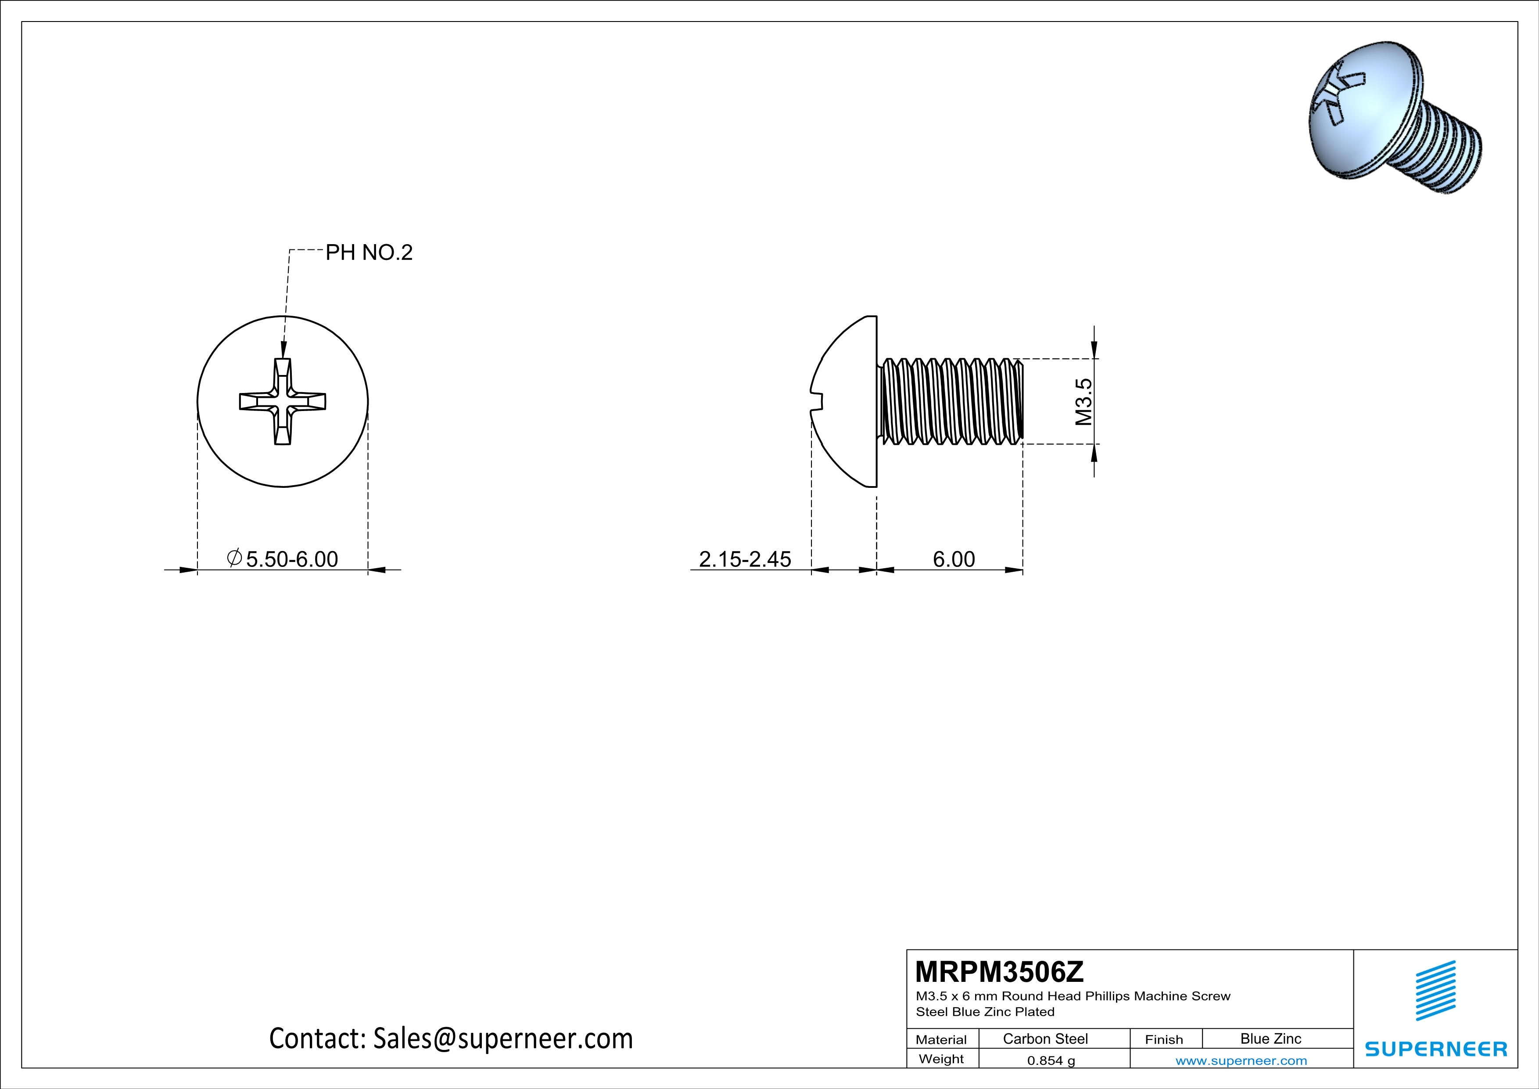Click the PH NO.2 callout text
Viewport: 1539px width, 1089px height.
tap(369, 253)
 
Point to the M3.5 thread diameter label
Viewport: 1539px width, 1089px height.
tap(1083, 402)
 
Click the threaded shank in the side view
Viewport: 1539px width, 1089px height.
tap(952, 402)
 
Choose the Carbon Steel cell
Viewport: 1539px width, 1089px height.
tap(1045, 1039)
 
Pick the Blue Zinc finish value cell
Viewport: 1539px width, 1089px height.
tap(1270, 1039)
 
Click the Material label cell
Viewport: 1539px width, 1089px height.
tap(941, 1039)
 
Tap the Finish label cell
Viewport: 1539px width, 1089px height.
tap(1164, 1039)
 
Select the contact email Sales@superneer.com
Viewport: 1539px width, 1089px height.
tap(503, 1038)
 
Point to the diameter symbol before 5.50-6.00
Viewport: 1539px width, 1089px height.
tap(234, 558)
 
